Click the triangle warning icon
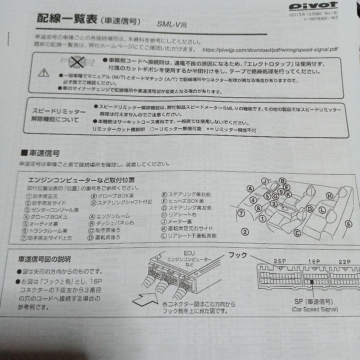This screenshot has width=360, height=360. (x=43, y=72)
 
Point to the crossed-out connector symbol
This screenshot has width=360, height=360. (x=78, y=62)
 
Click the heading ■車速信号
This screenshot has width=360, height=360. (x=40, y=153)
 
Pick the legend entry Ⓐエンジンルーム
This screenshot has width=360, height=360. (x=109, y=216)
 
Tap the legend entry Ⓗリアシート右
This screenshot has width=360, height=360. (x=181, y=215)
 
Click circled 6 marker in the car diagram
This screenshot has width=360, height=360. (x=348, y=224)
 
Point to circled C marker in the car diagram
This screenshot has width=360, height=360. (x=297, y=232)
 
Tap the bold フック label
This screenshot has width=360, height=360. (x=237, y=255)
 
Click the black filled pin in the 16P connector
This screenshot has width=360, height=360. (x=312, y=282)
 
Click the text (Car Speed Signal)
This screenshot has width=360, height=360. (x=315, y=309)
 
